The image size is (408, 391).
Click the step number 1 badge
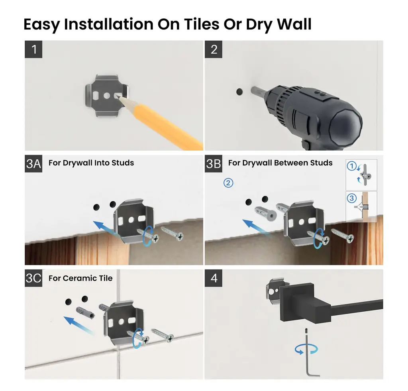[x=33, y=49]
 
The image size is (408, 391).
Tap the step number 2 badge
[x=214, y=49]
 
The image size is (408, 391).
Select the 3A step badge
[x=33, y=164]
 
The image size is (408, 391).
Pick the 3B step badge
[x=214, y=164]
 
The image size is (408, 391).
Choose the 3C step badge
[x=33, y=278]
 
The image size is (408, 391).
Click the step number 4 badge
[x=214, y=278]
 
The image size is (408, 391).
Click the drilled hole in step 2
[x=239, y=92]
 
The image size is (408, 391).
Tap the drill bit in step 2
[x=258, y=92]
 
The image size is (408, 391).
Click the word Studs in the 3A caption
[x=123, y=163]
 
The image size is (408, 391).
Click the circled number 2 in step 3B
[x=228, y=183]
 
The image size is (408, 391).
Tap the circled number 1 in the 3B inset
[x=351, y=166]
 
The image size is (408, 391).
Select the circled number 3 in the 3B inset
[x=351, y=198]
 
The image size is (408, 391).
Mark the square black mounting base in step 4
[x=296, y=302]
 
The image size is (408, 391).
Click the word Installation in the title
[x=108, y=24]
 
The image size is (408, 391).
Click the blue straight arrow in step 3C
[x=78, y=324]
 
